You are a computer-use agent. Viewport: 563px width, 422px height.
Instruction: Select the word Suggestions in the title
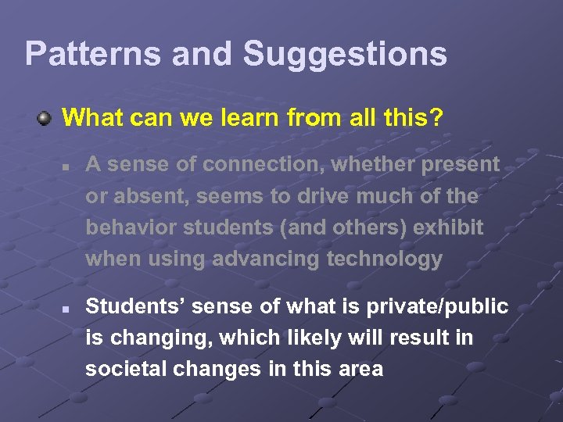[345, 55]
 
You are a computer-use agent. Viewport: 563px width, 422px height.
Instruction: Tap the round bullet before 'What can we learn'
[46, 119]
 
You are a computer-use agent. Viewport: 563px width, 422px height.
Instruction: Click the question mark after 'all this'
[436, 119]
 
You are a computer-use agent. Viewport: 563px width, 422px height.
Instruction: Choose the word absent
[151, 196]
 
